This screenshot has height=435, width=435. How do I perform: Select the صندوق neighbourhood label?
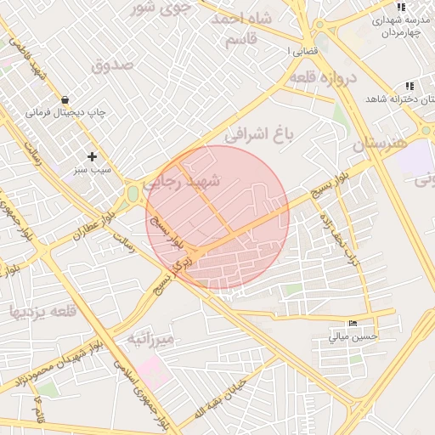pyautogui.click(x=114, y=65)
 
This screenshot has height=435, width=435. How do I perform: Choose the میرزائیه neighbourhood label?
pyautogui.click(x=151, y=339)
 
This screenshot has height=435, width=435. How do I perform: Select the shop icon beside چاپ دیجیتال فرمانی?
pyautogui.click(x=65, y=99)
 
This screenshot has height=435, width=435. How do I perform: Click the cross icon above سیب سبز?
pyautogui.click(x=93, y=156)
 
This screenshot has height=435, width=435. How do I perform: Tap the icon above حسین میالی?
pyautogui.click(x=353, y=323)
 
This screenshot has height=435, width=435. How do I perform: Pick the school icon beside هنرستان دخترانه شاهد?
pyautogui.click(x=410, y=86)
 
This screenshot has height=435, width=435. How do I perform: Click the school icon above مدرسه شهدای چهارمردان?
pyautogui.click(x=400, y=8)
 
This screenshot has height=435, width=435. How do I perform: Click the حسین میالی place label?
pyautogui.click(x=353, y=336)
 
